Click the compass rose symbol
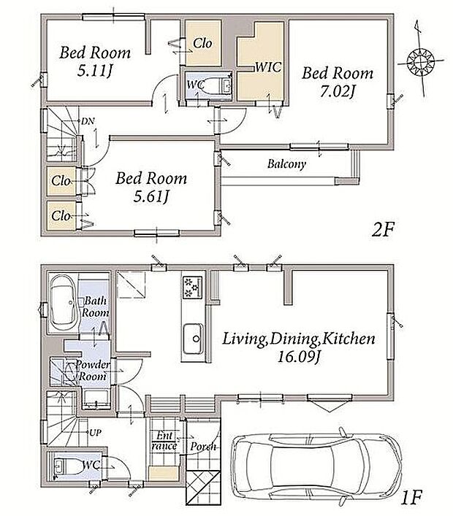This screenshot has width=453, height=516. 421,61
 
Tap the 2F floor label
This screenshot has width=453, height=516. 383,229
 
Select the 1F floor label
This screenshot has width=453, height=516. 411,497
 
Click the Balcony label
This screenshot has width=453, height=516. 286,163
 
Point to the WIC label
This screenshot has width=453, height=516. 268,67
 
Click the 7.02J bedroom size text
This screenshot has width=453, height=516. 338,91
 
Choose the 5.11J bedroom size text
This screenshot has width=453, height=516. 95,70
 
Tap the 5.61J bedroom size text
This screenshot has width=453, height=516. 151,196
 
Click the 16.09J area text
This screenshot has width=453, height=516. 299,356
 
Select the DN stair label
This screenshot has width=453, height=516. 88,121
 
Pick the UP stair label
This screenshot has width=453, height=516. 95,432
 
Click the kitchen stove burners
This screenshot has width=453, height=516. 192,288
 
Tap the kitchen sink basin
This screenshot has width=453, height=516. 194,339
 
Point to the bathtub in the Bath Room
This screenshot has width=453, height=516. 64,303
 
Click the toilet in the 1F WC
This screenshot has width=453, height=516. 70,466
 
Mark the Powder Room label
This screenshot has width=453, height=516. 93,370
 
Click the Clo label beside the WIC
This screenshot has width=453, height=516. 202,43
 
